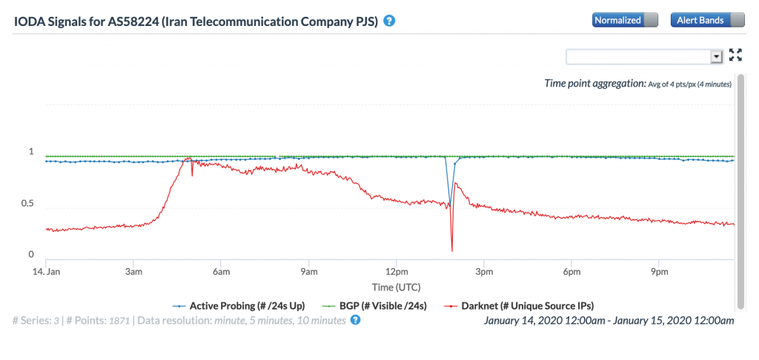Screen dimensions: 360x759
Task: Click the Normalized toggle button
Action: coord(625,21)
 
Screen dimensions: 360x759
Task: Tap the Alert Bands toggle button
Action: coord(707,21)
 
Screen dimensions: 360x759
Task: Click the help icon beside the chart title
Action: coord(389,21)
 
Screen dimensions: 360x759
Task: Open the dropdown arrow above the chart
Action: coord(716,56)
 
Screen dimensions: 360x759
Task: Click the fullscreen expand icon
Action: coord(735,54)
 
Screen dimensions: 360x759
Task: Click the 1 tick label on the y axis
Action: coord(31,152)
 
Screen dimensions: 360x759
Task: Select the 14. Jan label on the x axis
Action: coord(47,272)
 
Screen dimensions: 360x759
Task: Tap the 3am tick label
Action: coord(133,272)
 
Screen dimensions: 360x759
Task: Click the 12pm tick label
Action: coord(396,272)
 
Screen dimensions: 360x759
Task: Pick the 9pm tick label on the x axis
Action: coord(658,272)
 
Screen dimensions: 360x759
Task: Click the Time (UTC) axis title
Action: coord(389,285)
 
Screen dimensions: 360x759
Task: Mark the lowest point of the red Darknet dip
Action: coord(451,251)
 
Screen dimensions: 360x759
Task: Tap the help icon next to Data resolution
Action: coord(355,320)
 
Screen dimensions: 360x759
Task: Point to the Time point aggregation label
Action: coord(596,84)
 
